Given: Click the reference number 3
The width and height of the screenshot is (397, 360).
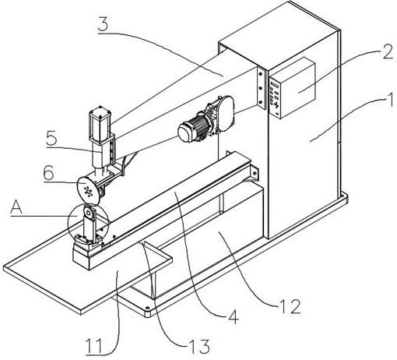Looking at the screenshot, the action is tap(103, 24).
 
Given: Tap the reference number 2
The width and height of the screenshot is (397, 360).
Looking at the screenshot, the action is tap(387, 51).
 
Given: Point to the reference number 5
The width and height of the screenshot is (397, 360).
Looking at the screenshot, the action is tap(51, 138).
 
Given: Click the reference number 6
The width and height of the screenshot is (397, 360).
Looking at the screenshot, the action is tap(49, 173).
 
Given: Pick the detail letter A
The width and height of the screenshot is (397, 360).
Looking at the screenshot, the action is tap(16, 207).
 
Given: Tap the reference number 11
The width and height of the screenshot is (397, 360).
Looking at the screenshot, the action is tap(93, 345).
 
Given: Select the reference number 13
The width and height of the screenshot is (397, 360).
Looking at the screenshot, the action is tap(199, 346).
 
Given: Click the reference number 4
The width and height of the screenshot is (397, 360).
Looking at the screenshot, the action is tap(234, 316).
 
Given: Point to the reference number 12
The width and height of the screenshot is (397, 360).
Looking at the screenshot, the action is tap(290, 306).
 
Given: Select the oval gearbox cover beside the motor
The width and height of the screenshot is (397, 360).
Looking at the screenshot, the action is tap(226, 113).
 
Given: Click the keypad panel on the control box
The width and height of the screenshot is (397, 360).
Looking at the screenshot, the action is tap(275, 98).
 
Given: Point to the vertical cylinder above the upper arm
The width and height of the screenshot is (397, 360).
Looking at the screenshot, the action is tap(100, 125).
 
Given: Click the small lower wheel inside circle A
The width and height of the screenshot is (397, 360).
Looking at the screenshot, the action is tap(89, 214).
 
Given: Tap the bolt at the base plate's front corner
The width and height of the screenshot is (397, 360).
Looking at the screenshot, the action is tap(147, 309).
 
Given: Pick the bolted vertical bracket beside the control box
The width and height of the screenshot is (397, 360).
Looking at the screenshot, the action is tap(262, 87).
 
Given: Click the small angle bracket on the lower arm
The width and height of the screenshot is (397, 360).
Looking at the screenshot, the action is tap(254, 172).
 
